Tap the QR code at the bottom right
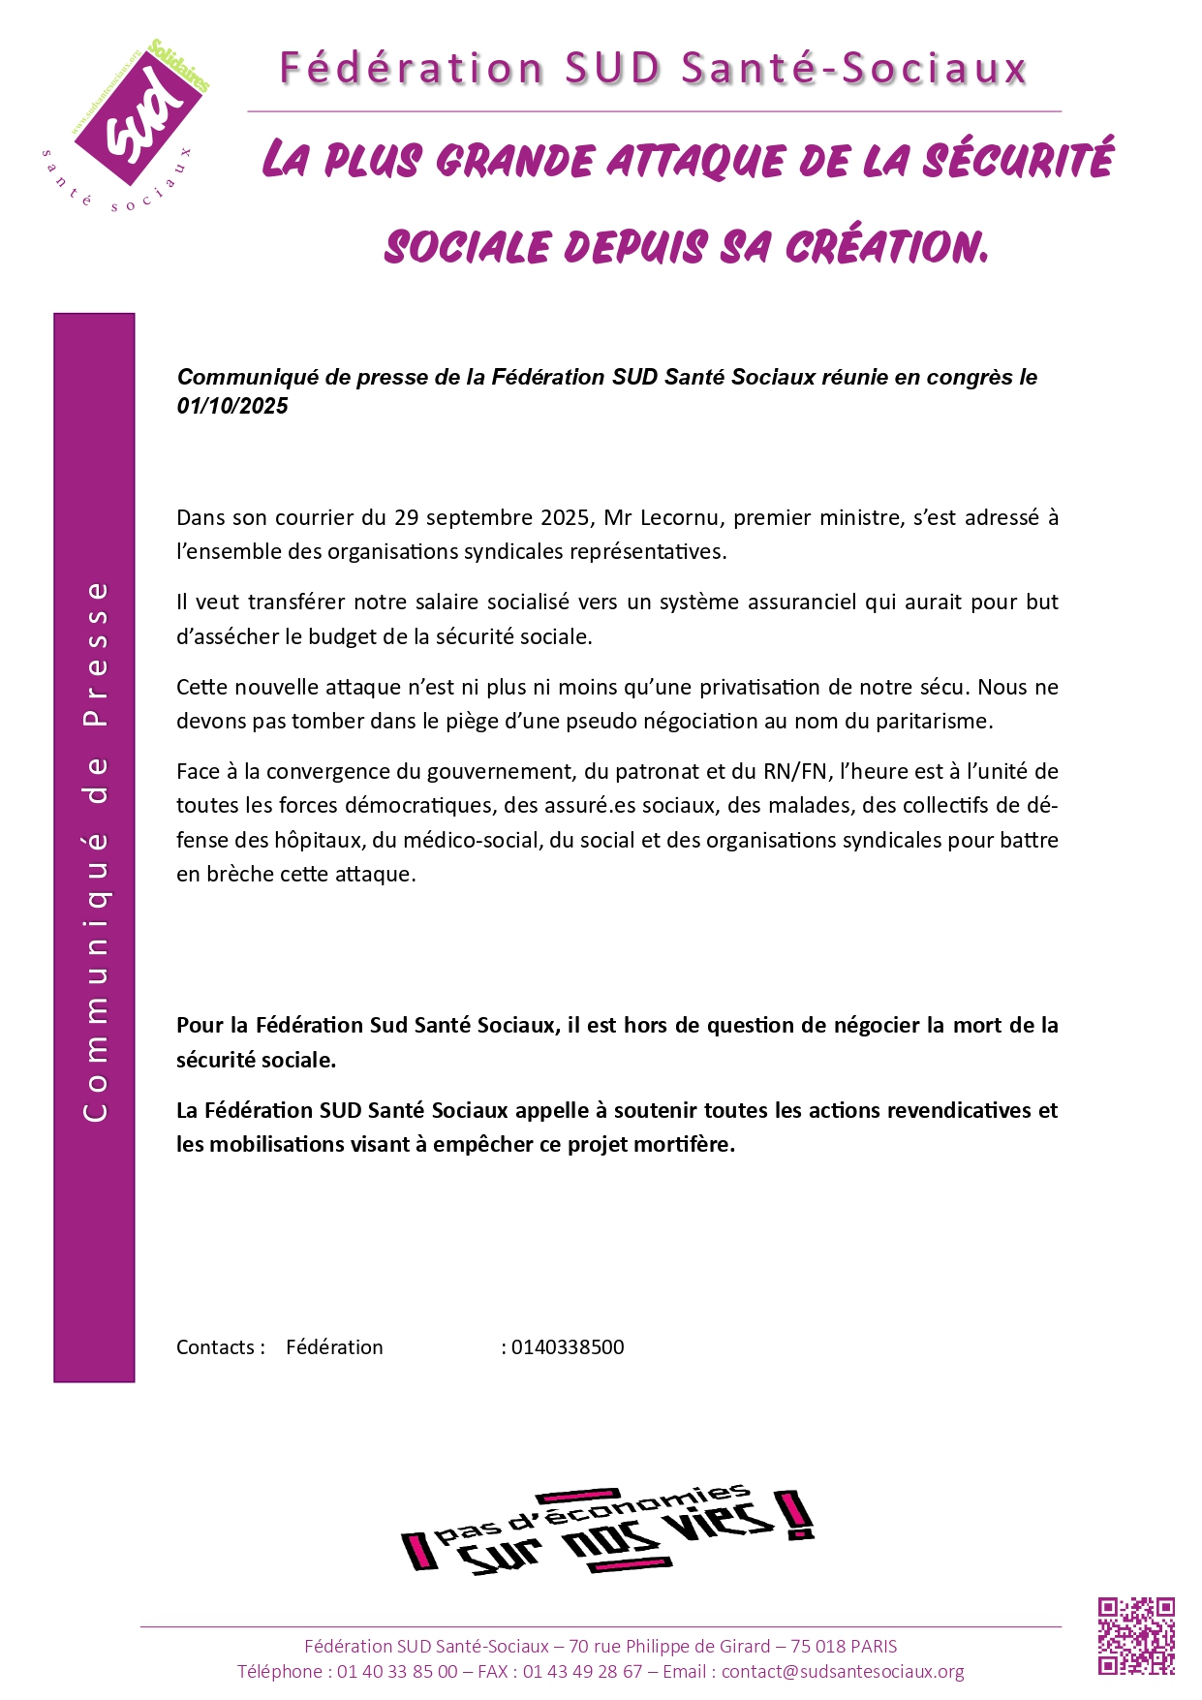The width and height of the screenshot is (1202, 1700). click(1136, 1636)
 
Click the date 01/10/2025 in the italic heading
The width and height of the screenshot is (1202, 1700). click(232, 406)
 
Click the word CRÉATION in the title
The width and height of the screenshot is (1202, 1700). click(885, 247)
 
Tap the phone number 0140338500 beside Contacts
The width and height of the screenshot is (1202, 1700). click(568, 1347)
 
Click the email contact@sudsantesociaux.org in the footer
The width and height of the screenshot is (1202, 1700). click(843, 1671)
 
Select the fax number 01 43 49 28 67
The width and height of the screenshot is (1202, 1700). click(582, 1671)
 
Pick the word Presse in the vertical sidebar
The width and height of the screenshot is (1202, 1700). click(96, 654)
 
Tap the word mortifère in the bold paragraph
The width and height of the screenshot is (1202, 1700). click(686, 1144)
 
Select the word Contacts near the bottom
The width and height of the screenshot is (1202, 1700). click(215, 1347)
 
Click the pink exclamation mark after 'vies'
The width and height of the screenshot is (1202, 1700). click(796, 1515)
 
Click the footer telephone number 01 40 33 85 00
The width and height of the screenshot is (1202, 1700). click(397, 1671)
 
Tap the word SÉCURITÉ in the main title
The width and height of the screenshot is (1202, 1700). click(1017, 161)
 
